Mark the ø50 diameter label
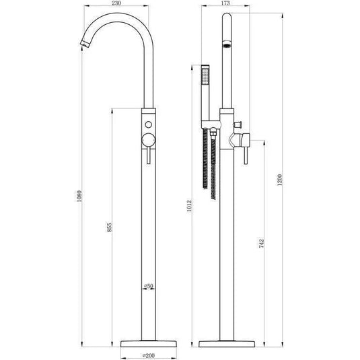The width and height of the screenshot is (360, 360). click(x=150, y=286)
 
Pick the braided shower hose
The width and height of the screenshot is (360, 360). click(x=213, y=165)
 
